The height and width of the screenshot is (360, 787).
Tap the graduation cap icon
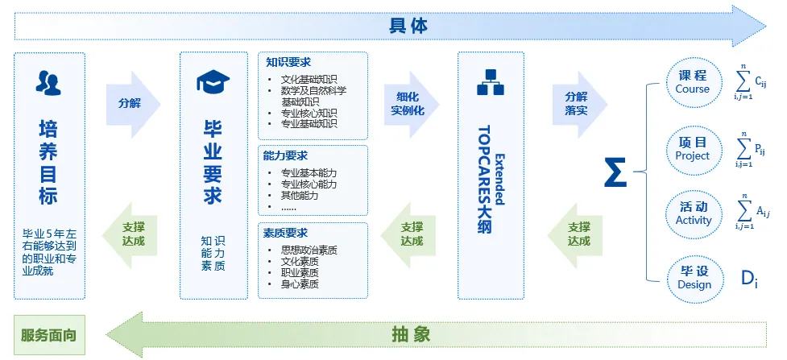click(213, 81)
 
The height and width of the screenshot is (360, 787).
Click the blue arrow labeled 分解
click(131, 104)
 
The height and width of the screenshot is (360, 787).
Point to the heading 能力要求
click(285, 155)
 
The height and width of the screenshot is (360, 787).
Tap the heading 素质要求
click(285, 233)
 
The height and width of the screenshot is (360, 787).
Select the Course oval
click(693, 82)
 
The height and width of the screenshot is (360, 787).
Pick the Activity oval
click(693, 213)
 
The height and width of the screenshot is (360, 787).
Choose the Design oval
click(693, 278)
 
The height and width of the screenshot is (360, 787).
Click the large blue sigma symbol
click(615, 172)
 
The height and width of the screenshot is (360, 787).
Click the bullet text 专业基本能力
click(309, 172)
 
